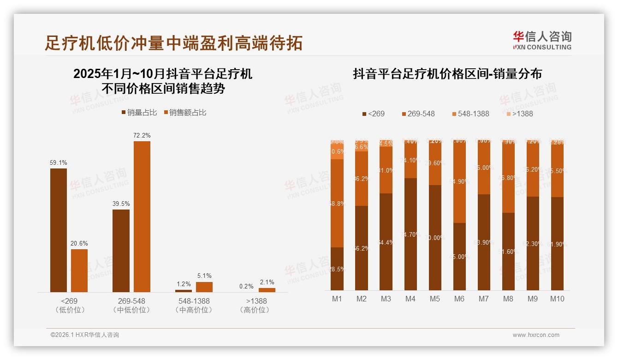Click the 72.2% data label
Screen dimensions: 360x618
click(142, 135)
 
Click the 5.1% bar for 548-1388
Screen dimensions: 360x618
click(204, 287)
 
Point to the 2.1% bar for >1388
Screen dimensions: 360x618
click(267, 290)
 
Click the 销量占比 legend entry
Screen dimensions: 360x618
click(139, 113)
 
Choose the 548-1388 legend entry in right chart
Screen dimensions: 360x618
click(470, 114)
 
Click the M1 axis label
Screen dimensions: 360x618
click(337, 299)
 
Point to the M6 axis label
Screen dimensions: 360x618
click(459, 299)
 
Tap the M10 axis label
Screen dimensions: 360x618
click(557, 299)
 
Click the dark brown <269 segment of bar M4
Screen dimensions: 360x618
click(410, 234)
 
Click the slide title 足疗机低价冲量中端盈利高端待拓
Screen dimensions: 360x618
click(173, 43)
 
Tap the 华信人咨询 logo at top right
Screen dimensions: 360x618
click(542, 40)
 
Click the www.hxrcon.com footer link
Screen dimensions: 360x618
click(536, 335)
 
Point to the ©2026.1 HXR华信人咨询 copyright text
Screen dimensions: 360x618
click(84, 335)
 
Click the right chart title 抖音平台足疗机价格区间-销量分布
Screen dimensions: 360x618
click(447, 74)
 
